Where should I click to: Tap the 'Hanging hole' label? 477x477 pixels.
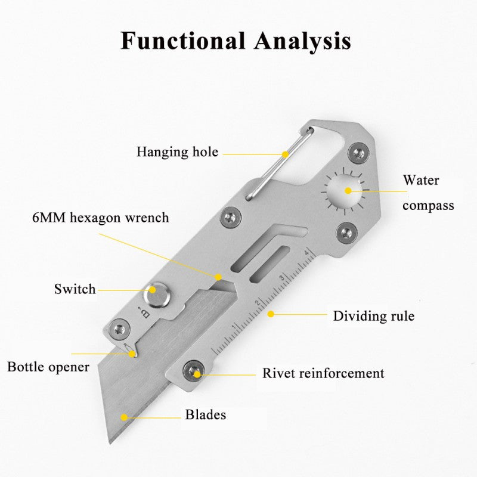177,151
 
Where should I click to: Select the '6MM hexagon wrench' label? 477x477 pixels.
100,218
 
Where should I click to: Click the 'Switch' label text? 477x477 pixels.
75,290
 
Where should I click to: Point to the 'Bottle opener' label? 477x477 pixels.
48,366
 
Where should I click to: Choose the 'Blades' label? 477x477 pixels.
206,414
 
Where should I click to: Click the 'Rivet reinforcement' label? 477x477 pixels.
323,374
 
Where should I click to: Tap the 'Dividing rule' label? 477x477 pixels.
373,315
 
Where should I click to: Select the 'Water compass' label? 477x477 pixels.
428,192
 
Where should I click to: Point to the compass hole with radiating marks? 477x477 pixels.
345,191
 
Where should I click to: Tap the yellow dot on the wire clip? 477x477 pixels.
286,154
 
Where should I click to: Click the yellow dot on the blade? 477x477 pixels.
124,417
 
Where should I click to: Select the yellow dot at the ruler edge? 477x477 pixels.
270,313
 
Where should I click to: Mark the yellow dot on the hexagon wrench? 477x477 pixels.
219,277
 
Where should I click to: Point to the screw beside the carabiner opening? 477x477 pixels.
358,153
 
